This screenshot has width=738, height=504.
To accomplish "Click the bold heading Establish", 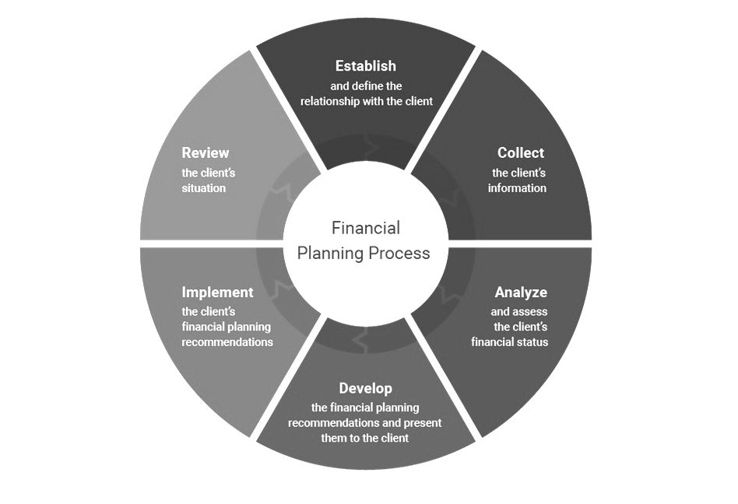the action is [365, 66].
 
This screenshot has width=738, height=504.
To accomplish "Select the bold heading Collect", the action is [521, 152].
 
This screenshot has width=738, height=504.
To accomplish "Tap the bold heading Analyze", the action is [521, 292].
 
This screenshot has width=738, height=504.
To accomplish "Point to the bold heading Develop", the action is [365, 388].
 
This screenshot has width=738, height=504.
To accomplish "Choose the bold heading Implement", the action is [217, 292].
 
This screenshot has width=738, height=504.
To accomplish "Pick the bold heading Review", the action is [206, 152].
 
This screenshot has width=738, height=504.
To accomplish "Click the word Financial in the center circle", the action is [365, 228].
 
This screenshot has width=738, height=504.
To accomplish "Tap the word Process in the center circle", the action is [399, 253].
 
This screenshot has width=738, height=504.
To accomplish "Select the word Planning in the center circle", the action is [332, 253].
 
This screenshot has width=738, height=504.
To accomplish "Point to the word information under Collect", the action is [517, 188].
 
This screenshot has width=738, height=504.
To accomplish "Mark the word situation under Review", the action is [203, 188].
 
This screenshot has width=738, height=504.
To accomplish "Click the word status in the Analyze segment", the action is [532, 341].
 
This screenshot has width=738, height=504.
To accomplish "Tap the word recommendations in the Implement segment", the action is [227, 341].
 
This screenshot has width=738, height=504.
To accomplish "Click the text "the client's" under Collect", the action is [518, 173].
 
